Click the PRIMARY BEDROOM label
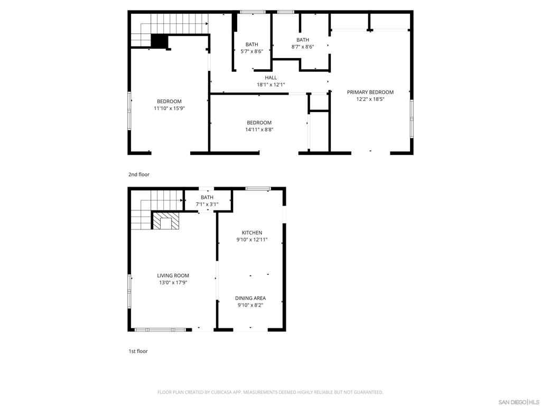[x=370, y=92]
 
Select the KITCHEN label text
[x=251, y=233]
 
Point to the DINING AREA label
[x=250, y=298]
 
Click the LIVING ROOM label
[x=173, y=275]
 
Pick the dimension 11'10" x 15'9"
[x=169, y=108]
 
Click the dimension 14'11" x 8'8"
[x=259, y=130]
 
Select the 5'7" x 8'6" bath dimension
[x=251, y=51]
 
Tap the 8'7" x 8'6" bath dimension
[x=302, y=47]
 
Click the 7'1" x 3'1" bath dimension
[x=207, y=204]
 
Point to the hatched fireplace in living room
[x=166, y=221]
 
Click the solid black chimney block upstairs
[x=159, y=41]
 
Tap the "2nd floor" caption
[x=139, y=174]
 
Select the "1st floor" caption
[x=138, y=351]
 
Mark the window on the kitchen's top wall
[x=258, y=188]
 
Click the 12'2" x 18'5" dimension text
[x=370, y=99]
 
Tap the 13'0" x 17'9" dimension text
[x=173, y=282]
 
